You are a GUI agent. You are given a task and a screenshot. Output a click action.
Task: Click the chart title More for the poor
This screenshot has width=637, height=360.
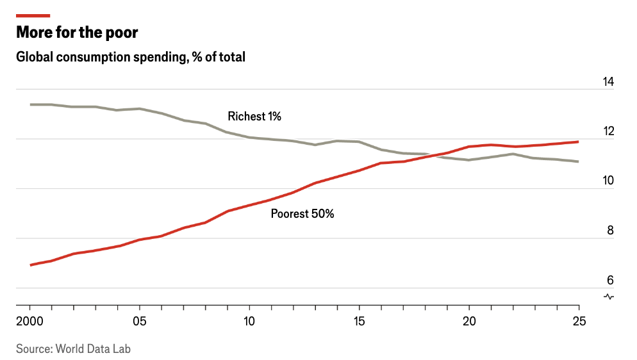77,32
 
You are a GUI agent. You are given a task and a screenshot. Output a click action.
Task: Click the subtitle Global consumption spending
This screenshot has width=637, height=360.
131,57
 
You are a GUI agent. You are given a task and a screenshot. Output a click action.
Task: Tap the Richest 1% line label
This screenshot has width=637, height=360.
254,117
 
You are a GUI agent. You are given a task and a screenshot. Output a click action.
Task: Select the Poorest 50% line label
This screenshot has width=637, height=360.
302,214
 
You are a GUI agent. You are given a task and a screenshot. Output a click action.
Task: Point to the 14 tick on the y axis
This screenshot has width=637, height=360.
608,82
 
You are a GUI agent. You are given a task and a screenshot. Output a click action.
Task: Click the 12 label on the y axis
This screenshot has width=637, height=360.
608,131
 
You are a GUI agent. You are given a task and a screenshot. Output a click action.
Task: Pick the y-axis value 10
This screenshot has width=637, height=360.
608,181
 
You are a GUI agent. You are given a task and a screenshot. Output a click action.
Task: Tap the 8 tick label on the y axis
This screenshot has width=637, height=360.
610,231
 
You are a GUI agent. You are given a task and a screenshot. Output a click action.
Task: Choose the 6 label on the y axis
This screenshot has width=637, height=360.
610,281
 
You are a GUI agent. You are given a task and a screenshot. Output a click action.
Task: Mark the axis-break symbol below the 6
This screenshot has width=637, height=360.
609,297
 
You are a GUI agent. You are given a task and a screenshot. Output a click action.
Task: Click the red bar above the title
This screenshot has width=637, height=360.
33,15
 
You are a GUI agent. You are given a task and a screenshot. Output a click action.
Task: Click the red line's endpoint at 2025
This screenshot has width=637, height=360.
579,142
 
